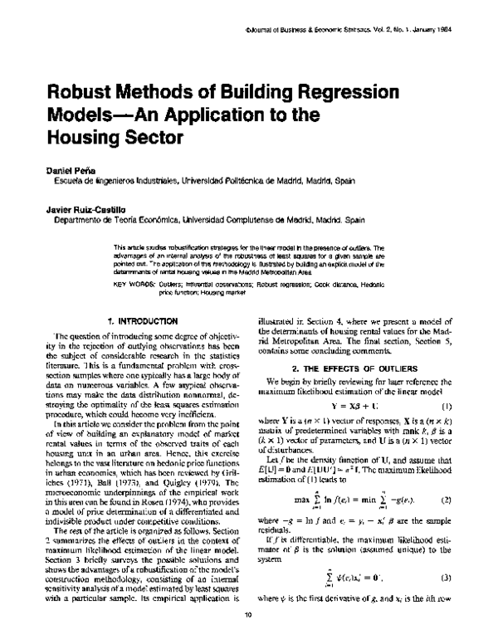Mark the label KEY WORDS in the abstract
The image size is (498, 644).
130,284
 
